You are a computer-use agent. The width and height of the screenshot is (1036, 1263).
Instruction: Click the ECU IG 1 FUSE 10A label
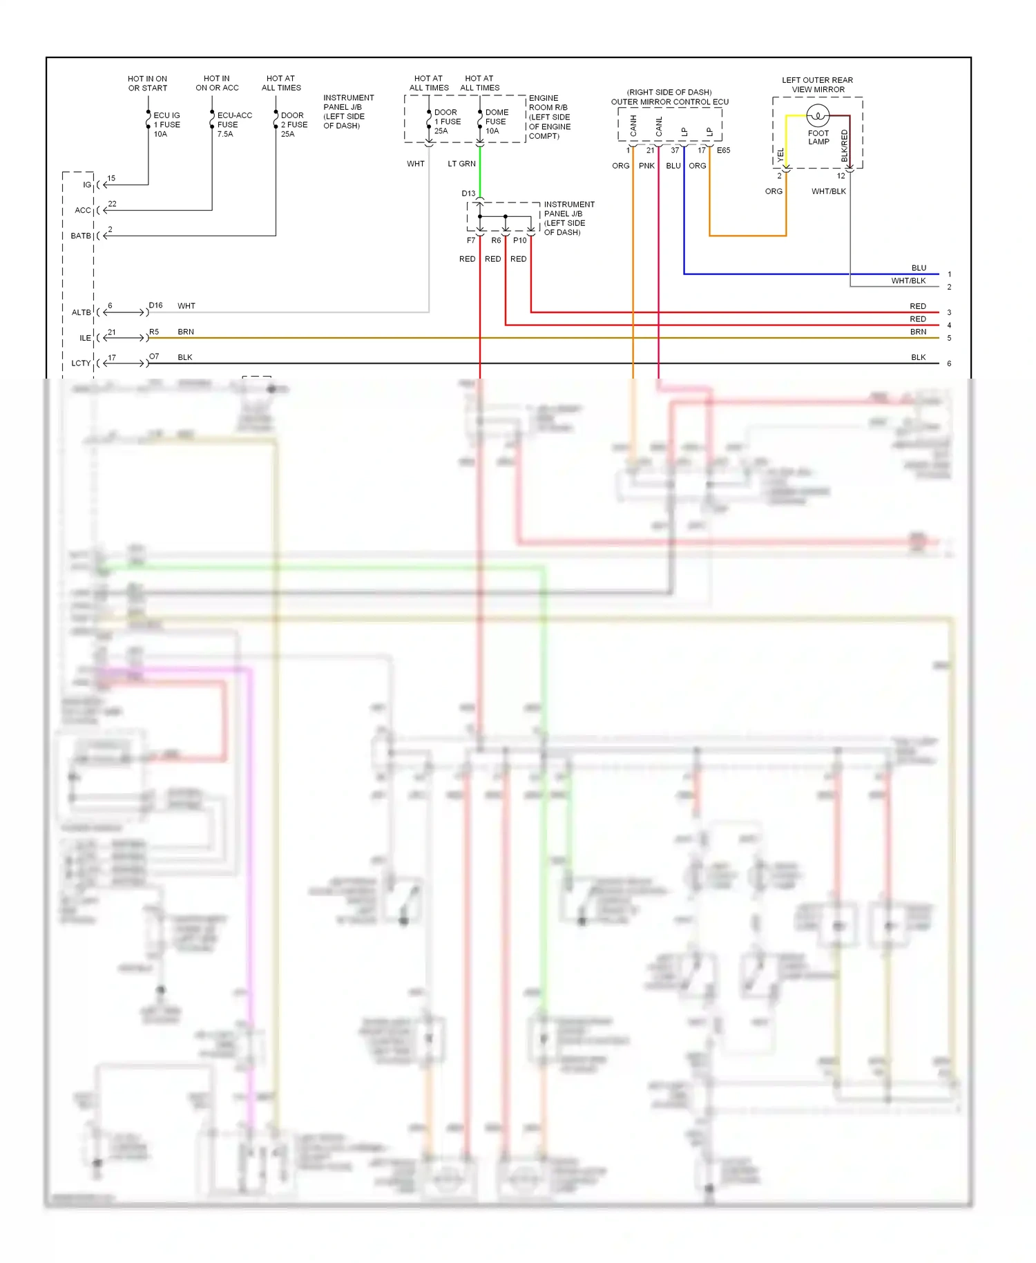(x=166, y=124)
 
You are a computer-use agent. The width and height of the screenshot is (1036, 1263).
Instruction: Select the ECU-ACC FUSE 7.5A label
(x=234, y=124)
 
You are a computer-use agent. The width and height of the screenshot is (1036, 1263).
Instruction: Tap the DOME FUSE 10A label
(x=496, y=121)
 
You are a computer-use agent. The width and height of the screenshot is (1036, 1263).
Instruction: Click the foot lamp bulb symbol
(x=818, y=115)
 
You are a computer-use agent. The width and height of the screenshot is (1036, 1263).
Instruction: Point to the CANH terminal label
(x=633, y=126)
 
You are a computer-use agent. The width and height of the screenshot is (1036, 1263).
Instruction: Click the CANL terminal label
(x=659, y=126)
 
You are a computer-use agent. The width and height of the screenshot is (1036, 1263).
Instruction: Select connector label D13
(x=468, y=193)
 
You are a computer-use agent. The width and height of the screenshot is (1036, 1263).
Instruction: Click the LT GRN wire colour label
(x=461, y=164)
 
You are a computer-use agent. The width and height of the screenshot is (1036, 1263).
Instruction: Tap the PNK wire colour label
(x=646, y=166)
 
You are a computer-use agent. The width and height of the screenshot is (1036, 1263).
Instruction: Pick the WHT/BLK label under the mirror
(x=828, y=191)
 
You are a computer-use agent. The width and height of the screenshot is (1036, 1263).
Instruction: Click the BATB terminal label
(x=81, y=236)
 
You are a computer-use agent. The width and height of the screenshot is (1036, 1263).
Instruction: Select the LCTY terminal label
(x=81, y=363)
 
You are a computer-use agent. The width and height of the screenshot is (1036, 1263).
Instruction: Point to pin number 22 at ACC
(x=112, y=204)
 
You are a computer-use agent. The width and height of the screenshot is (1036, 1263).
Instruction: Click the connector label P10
(x=519, y=240)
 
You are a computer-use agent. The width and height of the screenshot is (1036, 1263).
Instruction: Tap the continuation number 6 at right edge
(x=949, y=363)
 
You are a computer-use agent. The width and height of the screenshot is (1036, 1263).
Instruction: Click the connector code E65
(x=723, y=150)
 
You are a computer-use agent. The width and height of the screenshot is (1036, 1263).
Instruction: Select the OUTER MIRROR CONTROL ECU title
(x=669, y=102)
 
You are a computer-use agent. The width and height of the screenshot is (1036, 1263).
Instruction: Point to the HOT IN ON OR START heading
(x=147, y=84)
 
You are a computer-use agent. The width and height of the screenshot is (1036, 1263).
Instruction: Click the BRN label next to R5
(x=186, y=332)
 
